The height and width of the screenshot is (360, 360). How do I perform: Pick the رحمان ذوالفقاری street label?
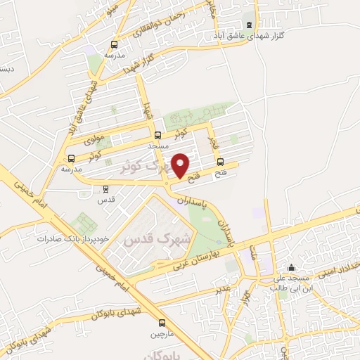point(158,28)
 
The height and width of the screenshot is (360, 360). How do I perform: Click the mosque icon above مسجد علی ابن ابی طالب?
point(292,267)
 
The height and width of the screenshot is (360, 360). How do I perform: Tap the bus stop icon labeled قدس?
point(105,188)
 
